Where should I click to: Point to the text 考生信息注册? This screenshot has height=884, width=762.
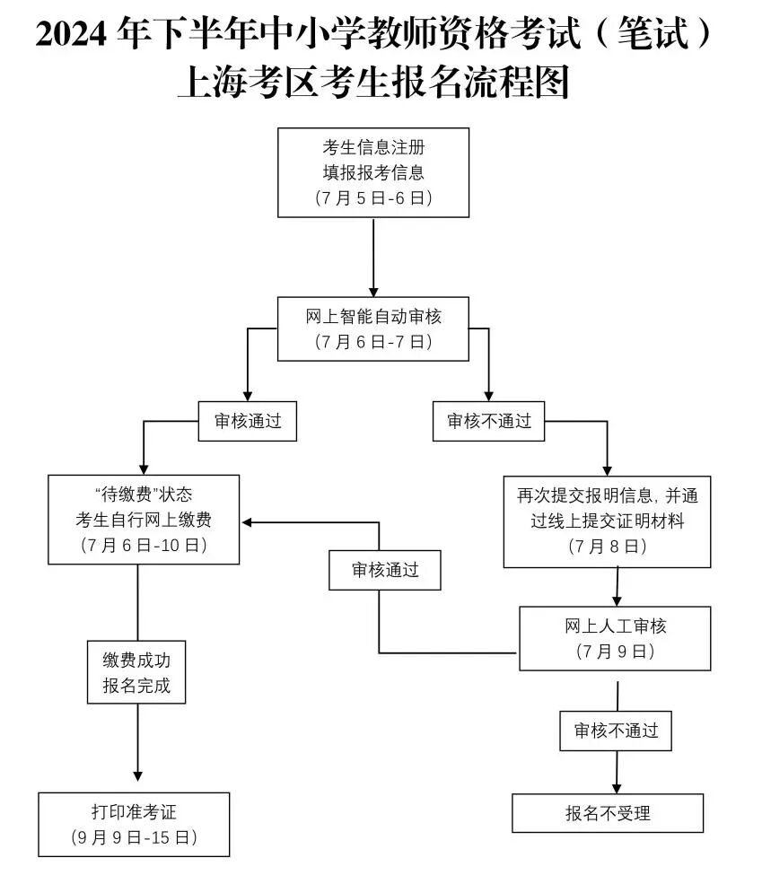coord(373,147)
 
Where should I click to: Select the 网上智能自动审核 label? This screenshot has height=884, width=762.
coord(373,316)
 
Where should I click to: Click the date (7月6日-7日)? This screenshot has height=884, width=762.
coord(373,342)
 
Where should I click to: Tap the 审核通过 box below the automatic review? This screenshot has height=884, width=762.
coord(247,421)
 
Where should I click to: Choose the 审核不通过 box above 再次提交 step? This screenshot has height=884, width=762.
coord(489,421)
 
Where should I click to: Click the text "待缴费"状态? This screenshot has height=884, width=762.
coord(144,494)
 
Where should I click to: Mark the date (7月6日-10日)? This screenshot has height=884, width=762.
coord(144,545)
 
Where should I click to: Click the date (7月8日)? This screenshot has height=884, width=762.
coord(607,546)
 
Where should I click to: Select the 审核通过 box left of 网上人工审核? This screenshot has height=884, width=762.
coord(384,570)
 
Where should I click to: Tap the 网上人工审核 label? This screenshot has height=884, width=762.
coord(615,626)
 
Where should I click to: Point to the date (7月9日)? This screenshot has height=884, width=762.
coord(615,652)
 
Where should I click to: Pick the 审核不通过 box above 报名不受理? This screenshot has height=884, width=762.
coord(616,731)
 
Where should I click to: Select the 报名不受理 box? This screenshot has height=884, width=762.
coord(608,813)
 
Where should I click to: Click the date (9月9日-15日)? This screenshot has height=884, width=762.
coord(134,838)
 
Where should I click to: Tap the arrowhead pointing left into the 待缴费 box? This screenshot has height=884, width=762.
coord(246,522)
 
